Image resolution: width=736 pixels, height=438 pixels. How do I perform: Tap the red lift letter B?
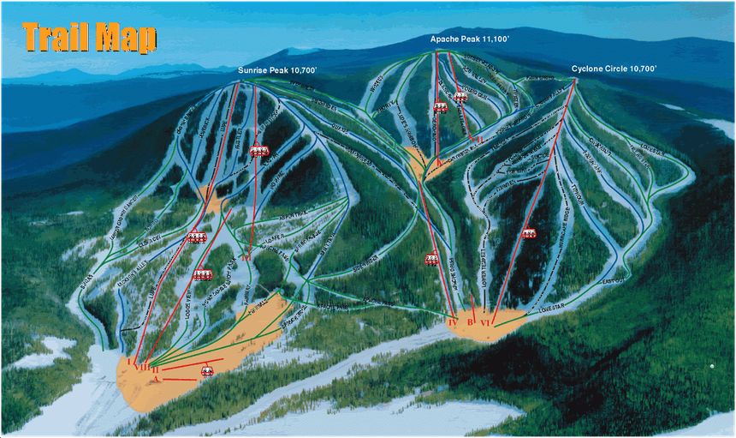click(470, 322)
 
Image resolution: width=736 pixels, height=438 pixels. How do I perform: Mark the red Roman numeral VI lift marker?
click(485, 323)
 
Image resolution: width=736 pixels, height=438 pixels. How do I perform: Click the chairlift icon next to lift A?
click(206, 370)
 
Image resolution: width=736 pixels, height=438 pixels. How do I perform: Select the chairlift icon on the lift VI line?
click(528, 232)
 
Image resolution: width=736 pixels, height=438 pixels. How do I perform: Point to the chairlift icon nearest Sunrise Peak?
click(258, 151)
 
